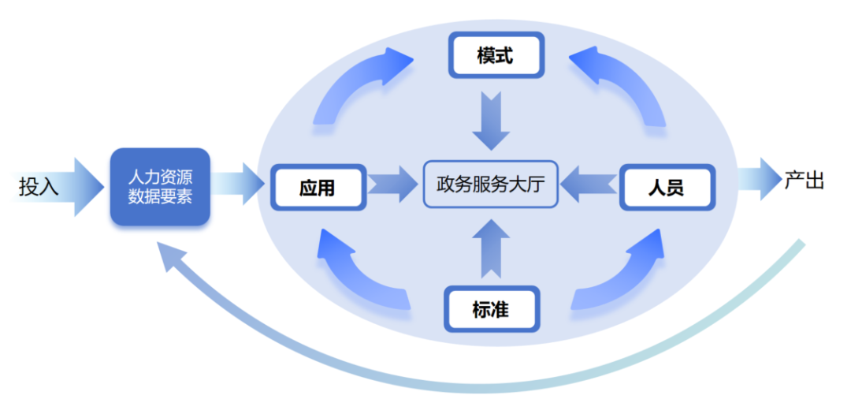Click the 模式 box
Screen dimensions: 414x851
pyautogui.click(x=496, y=55)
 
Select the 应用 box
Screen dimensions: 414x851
pyautogui.click(x=318, y=188)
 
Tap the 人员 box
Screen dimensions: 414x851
pyautogui.click(x=667, y=188)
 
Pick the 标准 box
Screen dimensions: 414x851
pyautogui.click(x=491, y=308)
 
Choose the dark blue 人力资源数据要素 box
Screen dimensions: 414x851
pyautogui.click(x=160, y=186)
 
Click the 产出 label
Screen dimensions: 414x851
pyautogui.click(x=804, y=181)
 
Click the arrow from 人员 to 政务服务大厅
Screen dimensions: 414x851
pyautogui.click(x=591, y=185)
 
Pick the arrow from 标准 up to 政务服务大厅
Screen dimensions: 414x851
pyautogui.click(x=491, y=248)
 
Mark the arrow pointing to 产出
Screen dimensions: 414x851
pyautogui.click(x=757, y=179)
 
